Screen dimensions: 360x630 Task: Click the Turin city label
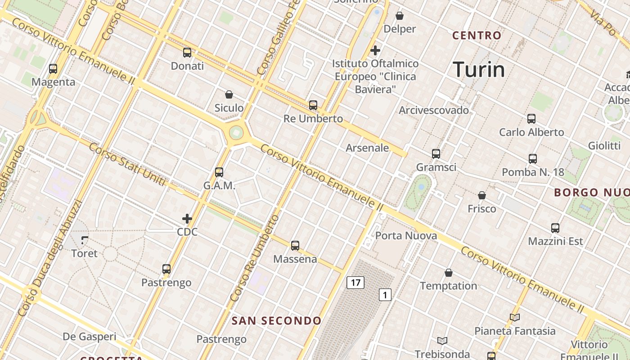point(479,70)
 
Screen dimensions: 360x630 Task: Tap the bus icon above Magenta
point(53,69)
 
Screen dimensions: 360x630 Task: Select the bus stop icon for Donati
point(187,53)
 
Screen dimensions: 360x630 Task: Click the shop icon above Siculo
point(229,94)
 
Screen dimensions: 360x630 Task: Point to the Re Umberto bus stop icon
point(313,105)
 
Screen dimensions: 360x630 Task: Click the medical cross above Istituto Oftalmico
point(375,50)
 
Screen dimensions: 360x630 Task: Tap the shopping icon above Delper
point(400,16)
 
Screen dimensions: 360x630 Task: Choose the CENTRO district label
point(477,35)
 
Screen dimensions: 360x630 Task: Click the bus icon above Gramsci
point(436,154)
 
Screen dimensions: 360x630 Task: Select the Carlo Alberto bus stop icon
point(531,119)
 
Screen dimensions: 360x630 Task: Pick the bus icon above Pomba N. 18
point(533,159)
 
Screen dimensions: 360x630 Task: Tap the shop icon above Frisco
point(482,195)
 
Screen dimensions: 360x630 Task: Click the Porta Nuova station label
point(406,236)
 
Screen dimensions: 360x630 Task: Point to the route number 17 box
point(355,283)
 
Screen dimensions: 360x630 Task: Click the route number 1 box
point(385,295)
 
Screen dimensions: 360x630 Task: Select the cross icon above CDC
point(187,219)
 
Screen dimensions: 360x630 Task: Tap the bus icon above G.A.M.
point(219,172)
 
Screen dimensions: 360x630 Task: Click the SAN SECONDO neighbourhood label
point(276,321)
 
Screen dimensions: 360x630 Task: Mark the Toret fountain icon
point(85,240)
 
